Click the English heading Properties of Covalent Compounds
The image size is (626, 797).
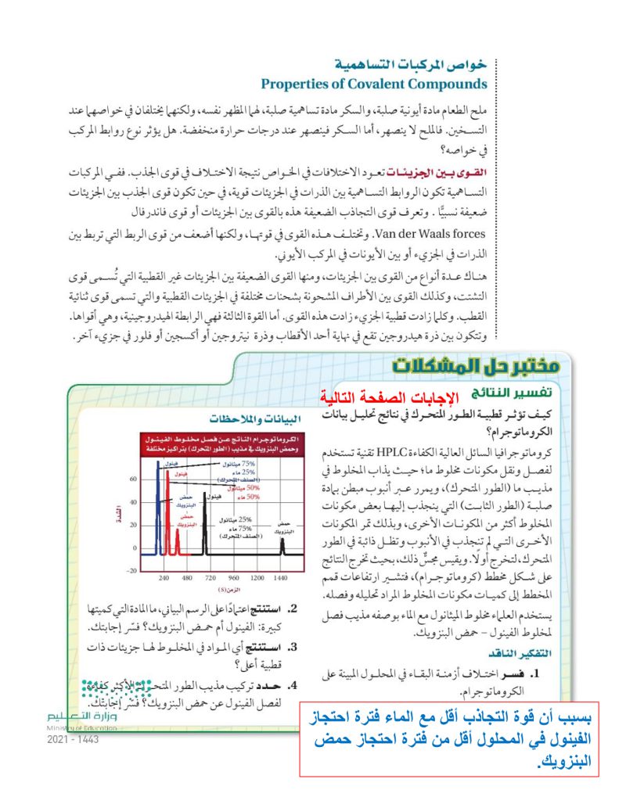[x=373, y=84]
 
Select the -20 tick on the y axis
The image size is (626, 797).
[x=131, y=569]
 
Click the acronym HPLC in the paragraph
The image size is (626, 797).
[x=389, y=451]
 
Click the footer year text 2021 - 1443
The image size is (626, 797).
[x=73, y=740]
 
